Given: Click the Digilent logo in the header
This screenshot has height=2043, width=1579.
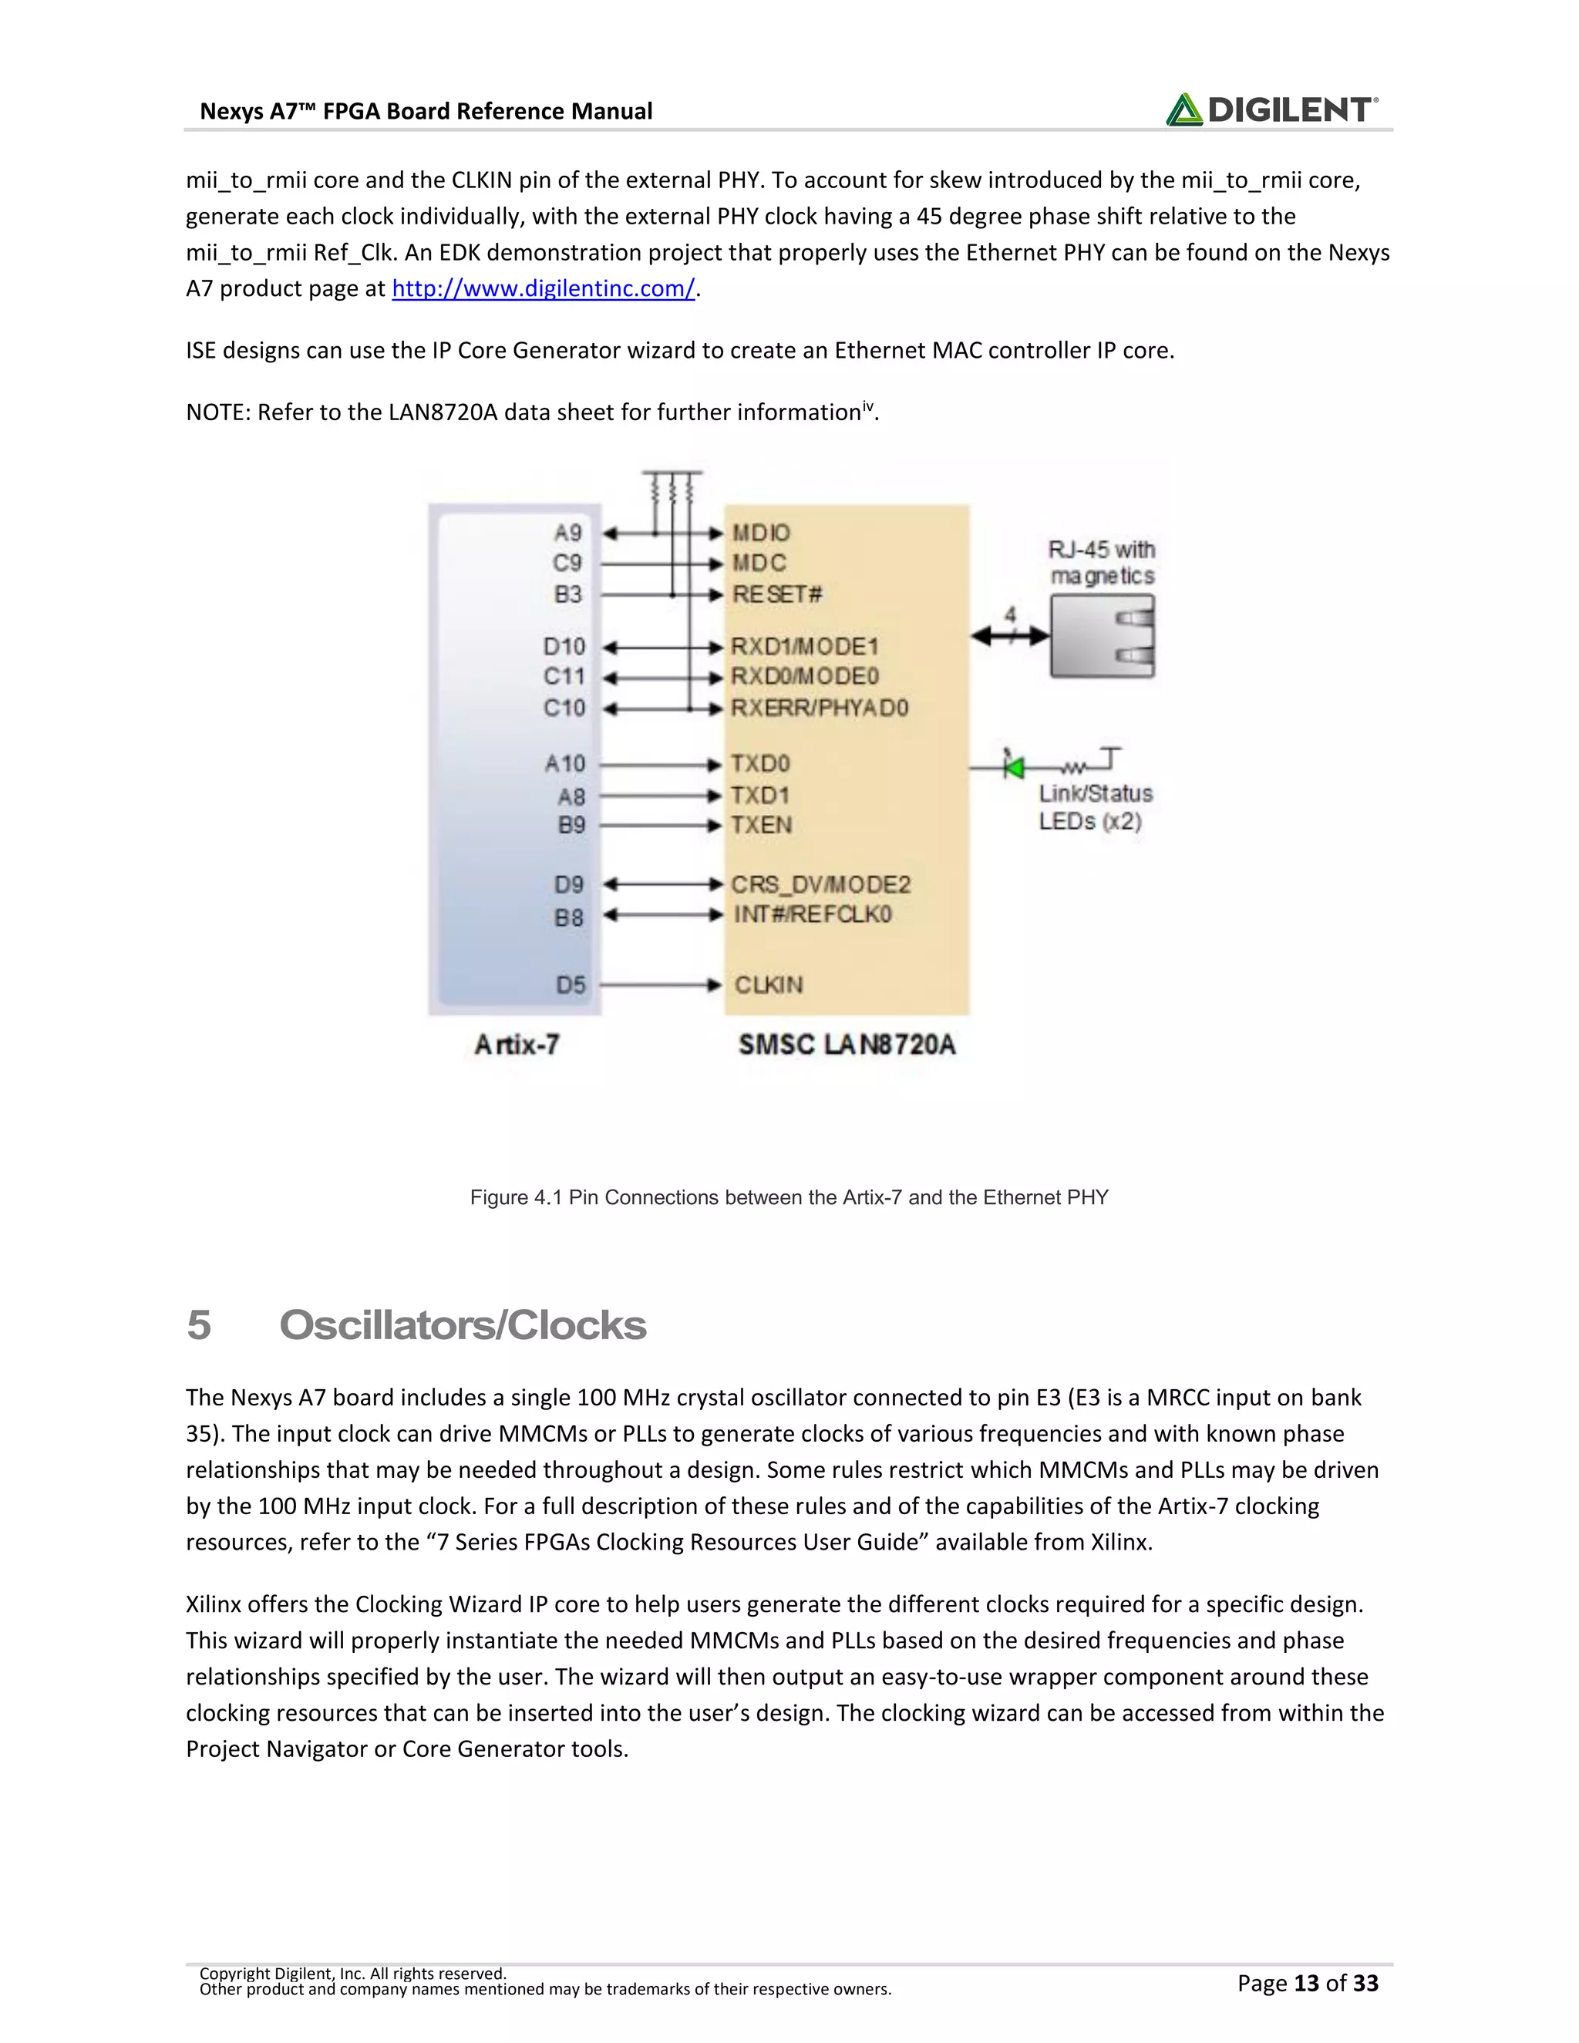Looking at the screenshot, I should (x=1271, y=109).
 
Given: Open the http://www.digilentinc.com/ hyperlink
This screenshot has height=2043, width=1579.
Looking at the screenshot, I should (x=543, y=289).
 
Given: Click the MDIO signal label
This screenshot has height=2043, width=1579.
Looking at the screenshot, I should (x=760, y=533).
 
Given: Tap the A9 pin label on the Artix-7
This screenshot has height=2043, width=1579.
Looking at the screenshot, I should (x=567, y=533).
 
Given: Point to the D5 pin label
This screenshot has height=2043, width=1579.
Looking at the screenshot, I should (x=571, y=985).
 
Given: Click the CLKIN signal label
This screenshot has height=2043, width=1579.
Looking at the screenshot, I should (x=768, y=985).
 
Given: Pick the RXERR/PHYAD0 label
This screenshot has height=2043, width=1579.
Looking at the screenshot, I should (x=820, y=708).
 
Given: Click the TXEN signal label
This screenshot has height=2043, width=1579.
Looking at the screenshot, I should (x=762, y=825).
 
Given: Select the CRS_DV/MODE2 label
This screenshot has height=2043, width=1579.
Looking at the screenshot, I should (x=820, y=885).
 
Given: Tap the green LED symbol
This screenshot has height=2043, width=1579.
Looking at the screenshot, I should (x=1013, y=767).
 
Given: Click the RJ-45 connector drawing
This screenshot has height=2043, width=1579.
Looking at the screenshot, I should (x=1102, y=636).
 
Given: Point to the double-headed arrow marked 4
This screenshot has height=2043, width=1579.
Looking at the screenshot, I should (x=1010, y=636).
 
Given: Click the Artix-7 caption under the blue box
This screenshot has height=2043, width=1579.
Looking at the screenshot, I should (x=517, y=1045).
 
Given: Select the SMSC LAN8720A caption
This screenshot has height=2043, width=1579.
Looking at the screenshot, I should (x=847, y=1045).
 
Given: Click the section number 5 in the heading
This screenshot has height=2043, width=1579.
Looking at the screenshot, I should (x=198, y=1325).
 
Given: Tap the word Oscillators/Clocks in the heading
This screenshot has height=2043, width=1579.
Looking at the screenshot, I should (x=462, y=1325).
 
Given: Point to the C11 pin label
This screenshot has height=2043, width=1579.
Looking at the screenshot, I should (x=564, y=676).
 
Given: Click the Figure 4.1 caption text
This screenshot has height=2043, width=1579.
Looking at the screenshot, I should (x=789, y=1197).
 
